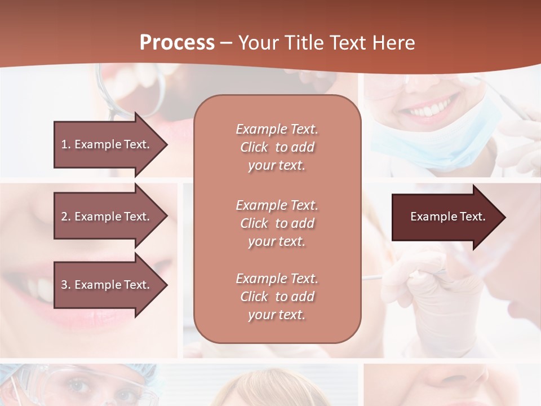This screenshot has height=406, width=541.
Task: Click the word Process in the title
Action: [177, 43]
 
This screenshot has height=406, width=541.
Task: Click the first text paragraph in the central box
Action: [277, 147]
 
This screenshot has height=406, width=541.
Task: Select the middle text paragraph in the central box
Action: [277, 223]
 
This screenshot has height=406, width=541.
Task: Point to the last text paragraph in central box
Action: [277, 297]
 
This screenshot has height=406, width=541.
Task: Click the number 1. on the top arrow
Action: [66, 144]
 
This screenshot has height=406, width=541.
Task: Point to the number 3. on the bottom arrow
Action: [66, 285]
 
